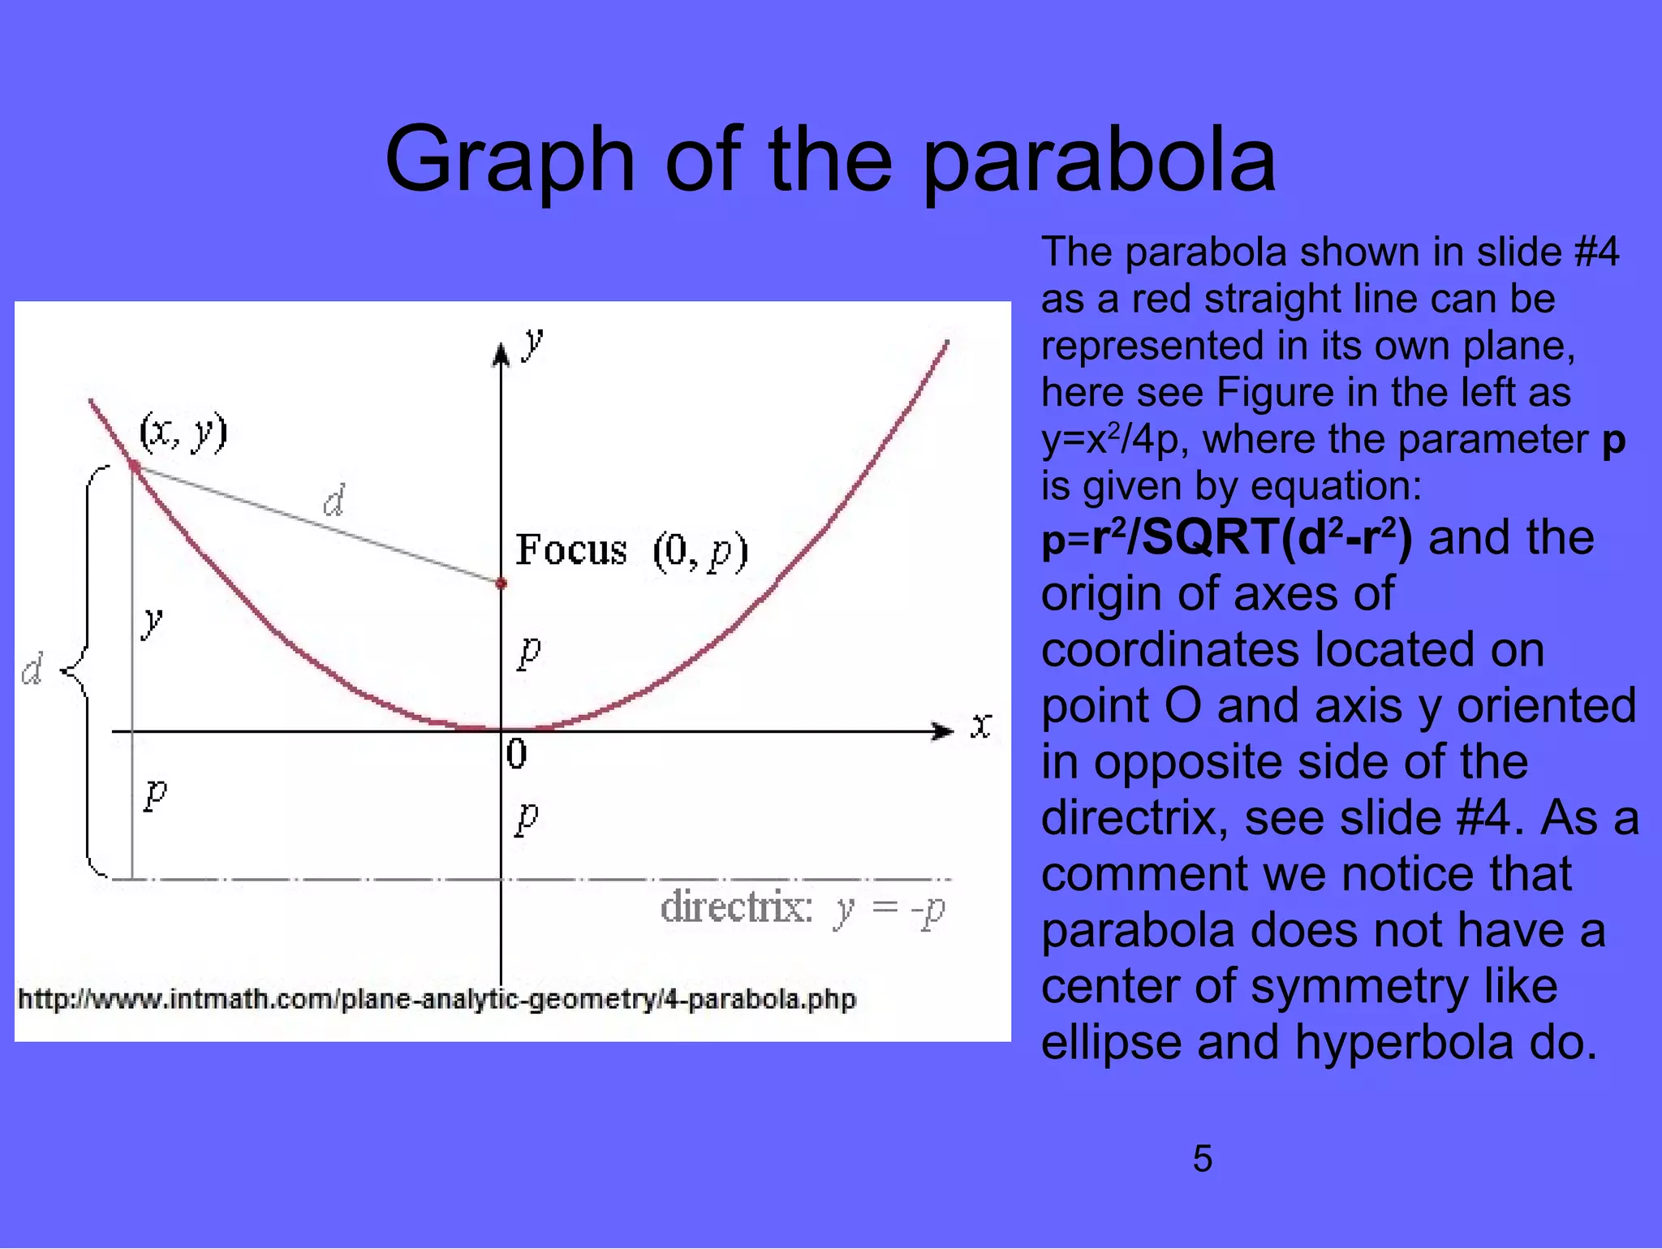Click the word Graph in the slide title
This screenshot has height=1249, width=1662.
509,161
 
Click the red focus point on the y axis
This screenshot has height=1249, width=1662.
502,583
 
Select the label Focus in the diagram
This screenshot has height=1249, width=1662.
571,550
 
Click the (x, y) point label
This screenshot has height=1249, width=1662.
183,432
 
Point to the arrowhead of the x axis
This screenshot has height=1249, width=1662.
944,731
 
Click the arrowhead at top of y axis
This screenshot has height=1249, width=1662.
502,355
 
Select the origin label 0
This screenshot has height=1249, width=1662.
516,754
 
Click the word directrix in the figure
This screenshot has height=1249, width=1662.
736,907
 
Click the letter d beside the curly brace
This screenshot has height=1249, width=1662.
32,670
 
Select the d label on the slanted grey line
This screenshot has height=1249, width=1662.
334,501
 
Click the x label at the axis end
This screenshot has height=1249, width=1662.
981,726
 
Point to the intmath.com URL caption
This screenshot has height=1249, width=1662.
437,999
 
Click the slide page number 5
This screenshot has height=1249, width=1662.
1202,1158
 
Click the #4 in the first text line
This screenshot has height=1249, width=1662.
1595,252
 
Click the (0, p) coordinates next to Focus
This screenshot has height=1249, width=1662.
700,551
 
